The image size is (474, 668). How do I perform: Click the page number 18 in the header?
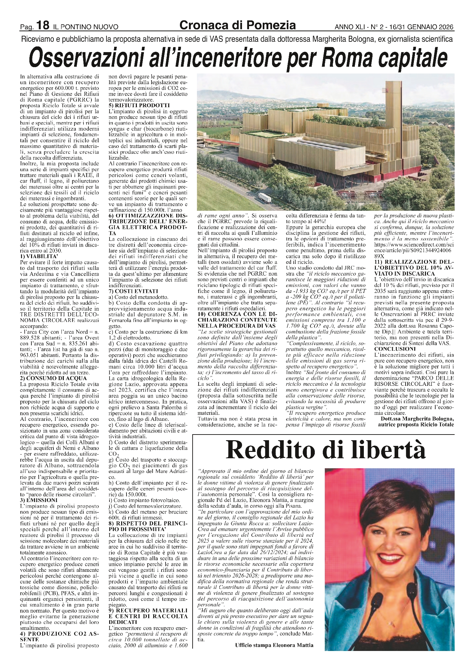tap(43, 25)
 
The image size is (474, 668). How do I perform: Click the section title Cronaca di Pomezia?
tap(237, 25)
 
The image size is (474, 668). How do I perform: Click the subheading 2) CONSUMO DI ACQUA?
tap(53, 378)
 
